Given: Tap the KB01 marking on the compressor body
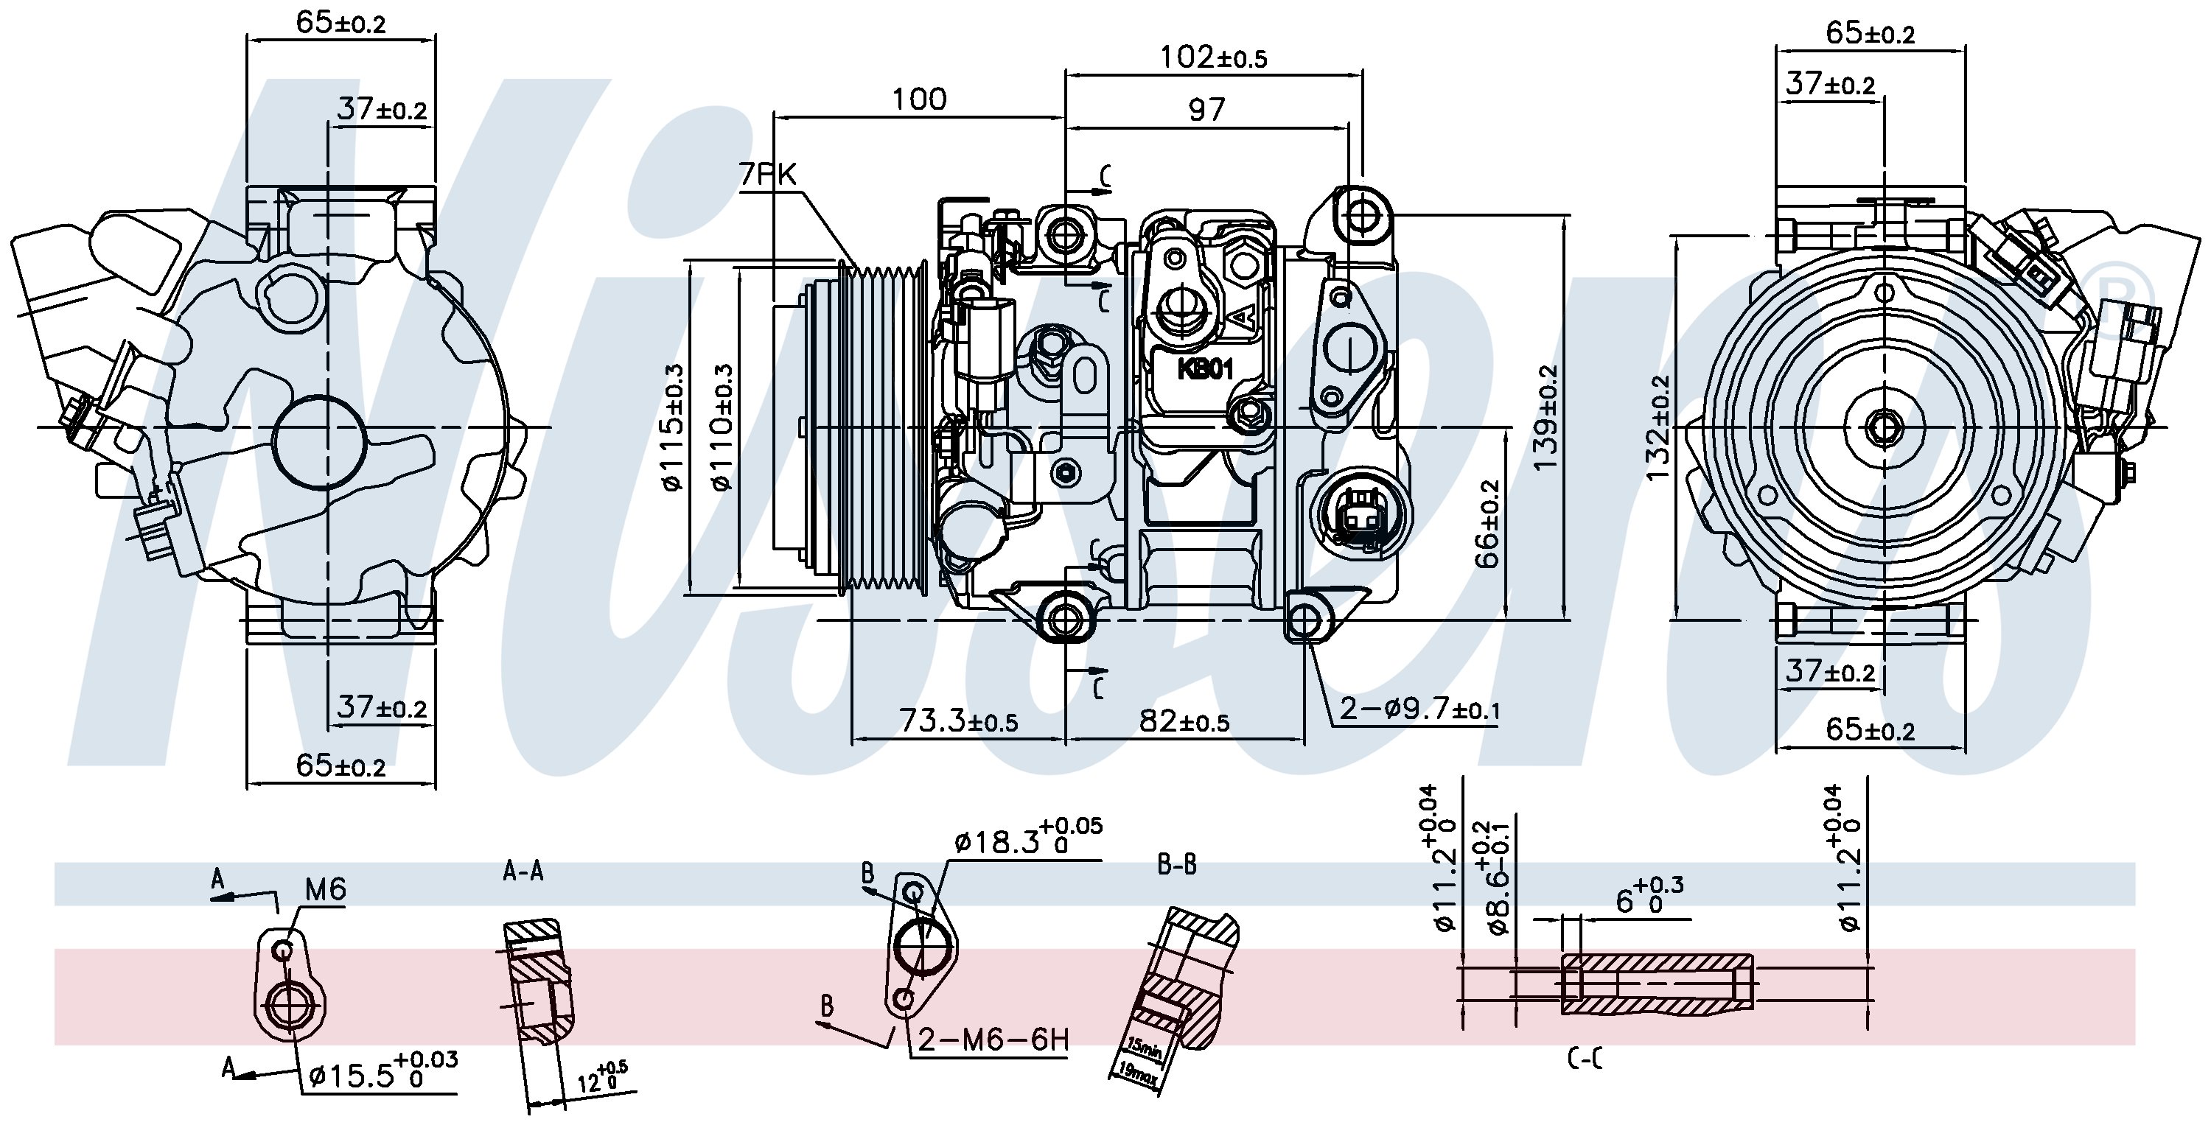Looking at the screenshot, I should click(1205, 370).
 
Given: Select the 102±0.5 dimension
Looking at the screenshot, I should click(1213, 57).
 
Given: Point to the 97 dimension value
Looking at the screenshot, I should click(1206, 110).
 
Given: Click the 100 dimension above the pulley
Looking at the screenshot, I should click(918, 99).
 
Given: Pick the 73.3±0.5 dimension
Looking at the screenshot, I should click(957, 721).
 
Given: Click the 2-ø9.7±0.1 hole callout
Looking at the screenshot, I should click(1419, 709).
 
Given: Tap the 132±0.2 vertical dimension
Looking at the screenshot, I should click(1658, 427).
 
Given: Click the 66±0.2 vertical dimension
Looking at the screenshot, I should click(1489, 524).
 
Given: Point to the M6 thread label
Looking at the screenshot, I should click(325, 890).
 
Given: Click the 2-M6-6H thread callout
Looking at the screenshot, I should click(993, 1040).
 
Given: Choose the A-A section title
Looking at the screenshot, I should click(523, 872).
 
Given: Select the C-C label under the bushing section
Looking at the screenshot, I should click(1585, 1062).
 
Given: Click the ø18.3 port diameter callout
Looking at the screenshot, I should click(1027, 843).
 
